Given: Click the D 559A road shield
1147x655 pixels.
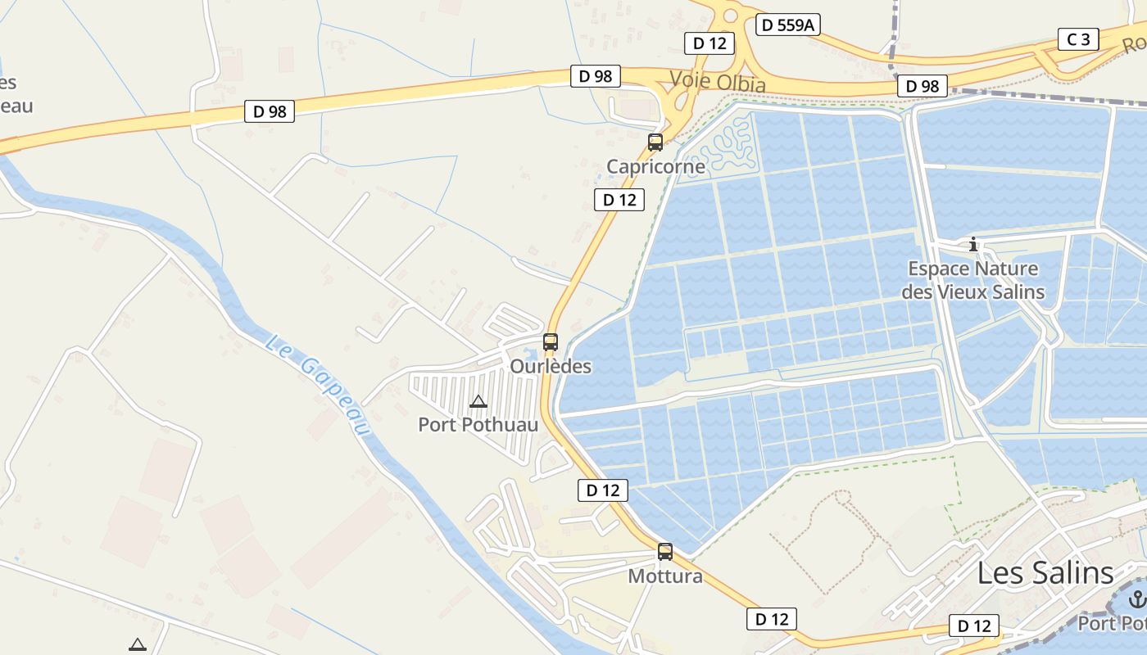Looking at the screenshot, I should (787, 25).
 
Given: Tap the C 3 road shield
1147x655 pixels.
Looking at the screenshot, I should (1078, 39).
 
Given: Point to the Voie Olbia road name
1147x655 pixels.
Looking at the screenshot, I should (718, 82).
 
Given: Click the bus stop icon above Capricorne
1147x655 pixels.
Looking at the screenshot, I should (655, 142).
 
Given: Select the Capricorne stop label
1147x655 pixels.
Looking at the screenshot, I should (655, 167).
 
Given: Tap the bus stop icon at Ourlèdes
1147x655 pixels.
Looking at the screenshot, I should (551, 342).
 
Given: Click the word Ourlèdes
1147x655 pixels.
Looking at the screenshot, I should (551, 366).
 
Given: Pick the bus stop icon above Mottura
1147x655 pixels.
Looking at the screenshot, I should (665, 552).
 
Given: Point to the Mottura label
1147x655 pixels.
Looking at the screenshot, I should (665, 576).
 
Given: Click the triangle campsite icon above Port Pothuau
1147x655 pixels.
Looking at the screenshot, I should (478, 401).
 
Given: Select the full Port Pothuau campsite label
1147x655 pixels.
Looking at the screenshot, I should (478, 424).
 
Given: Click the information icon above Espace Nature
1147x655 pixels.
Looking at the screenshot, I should (973, 244).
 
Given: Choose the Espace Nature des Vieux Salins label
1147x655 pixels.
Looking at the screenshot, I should (973, 280).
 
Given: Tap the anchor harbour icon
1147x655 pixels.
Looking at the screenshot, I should (1136, 600).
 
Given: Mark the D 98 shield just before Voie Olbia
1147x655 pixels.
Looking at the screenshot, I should (596, 76).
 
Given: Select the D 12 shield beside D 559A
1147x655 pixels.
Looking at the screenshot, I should (710, 43).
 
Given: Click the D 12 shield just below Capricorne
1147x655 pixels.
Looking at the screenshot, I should (619, 199).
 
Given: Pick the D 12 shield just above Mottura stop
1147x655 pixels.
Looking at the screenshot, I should (603, 490).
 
